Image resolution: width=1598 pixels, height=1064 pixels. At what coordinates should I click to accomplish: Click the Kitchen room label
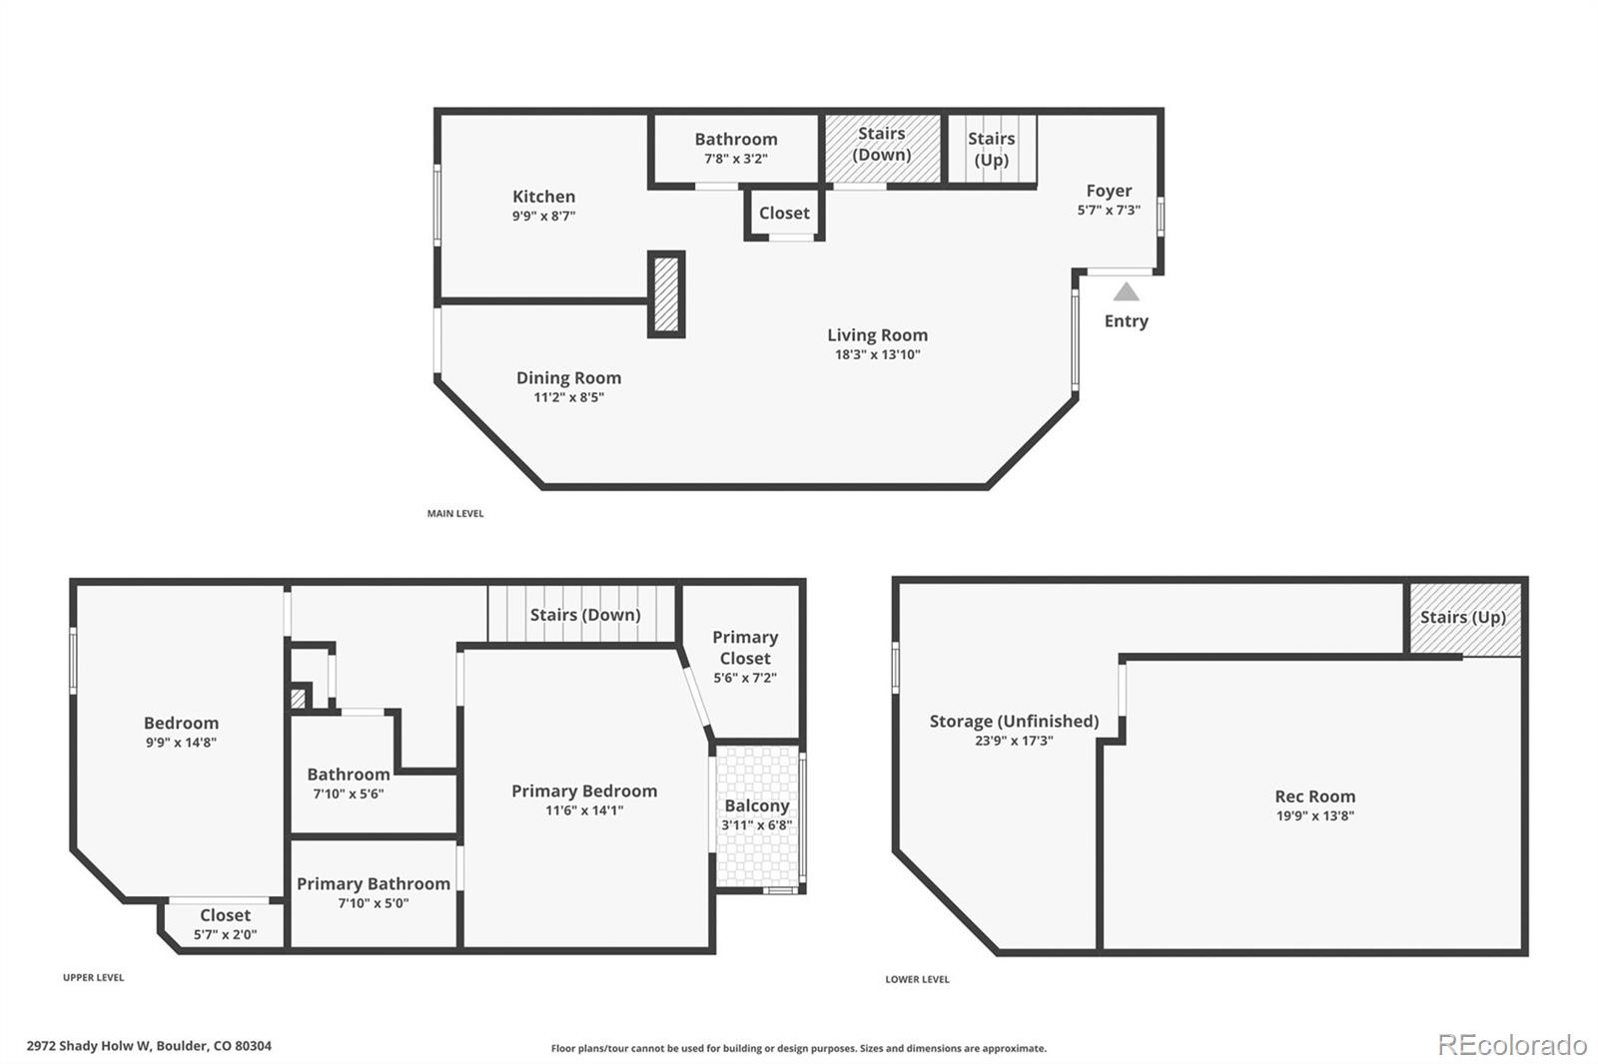[x=543, y=197]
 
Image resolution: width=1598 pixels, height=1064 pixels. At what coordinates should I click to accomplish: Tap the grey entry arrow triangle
[x=1126, y=291]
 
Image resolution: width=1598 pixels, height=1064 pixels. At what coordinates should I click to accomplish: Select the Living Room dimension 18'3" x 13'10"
[x=877, y=354]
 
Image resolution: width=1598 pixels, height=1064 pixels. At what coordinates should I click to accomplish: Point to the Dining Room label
[x=568, y=378]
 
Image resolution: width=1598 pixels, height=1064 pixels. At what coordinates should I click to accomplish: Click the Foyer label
[x=1109, y=191]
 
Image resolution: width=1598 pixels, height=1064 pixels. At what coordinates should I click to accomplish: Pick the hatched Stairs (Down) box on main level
[x=883, y=148]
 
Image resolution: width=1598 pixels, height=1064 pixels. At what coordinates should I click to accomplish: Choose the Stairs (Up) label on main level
[x=991, y=149]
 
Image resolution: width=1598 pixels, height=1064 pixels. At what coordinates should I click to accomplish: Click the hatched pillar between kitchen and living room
[x=666, y=294]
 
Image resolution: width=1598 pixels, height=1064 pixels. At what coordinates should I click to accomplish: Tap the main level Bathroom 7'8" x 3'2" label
[x=736, y=140]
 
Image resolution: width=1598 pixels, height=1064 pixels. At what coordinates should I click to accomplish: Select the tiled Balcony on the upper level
[x=758, y=815]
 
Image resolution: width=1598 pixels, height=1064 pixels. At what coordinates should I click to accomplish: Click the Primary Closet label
[x=745, y=648]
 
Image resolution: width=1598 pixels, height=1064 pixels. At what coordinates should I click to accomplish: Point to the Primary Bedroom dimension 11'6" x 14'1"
[x=584, y=810]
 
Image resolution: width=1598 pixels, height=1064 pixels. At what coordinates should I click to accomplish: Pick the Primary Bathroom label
[x=374, y=884]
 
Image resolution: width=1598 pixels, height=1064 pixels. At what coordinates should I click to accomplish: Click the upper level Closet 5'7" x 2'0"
[x=225, y=924]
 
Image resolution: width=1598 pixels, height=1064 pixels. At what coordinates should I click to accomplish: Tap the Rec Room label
[x=1314, y=797]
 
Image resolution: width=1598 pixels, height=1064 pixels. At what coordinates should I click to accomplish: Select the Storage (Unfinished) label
[x=1014, y=722]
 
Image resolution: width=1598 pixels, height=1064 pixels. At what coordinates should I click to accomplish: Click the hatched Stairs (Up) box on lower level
[x=1463, y=618]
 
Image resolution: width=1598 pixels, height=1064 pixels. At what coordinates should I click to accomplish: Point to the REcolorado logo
[x=1512, y=1045]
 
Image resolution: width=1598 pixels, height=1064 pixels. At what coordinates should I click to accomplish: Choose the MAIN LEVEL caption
[x=455, y=514]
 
